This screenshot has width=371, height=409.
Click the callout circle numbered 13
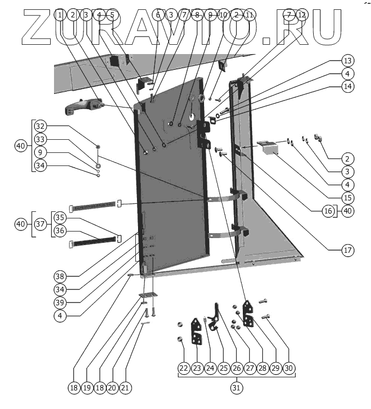(348, 61)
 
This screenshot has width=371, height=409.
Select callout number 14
(348, 86)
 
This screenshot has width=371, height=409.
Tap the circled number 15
(348, 197)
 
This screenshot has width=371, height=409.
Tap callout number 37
(40, 224)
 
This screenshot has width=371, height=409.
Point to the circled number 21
(125, 388)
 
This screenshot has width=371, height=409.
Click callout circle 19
(87, 388)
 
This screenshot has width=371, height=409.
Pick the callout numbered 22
(184, 368)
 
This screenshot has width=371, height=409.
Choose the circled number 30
(289, 368)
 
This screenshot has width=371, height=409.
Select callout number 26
(236, 368)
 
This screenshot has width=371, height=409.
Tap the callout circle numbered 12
(302, 15)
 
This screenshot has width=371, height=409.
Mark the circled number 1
(59, 15)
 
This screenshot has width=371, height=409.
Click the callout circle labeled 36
(59, 231)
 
